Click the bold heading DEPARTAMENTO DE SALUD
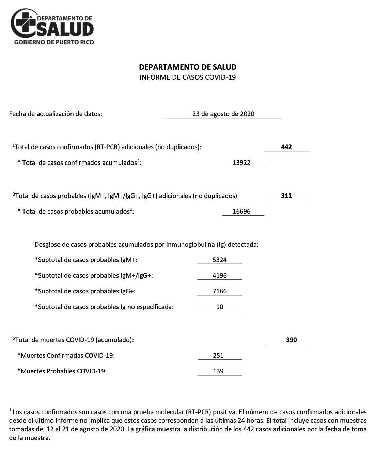click(188, 67)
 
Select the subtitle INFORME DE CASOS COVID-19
click(188, 77)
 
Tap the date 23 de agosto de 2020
click(223, 114)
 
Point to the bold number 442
click(286, 147)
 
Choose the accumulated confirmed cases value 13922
click(241, 163)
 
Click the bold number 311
click(286, 196)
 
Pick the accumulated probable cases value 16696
click(241, 212)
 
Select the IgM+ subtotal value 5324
click(219, 260)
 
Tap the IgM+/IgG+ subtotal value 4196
click(219, 276)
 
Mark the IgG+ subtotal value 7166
click(219, 291)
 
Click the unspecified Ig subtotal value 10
click(220, 307)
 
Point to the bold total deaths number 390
click(292, 340)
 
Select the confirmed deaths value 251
click(218, 356)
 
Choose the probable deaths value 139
click(218, 371)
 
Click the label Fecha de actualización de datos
click(56, 114)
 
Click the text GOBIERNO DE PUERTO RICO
click(54, 42)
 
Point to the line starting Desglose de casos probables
click(146, 245)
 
